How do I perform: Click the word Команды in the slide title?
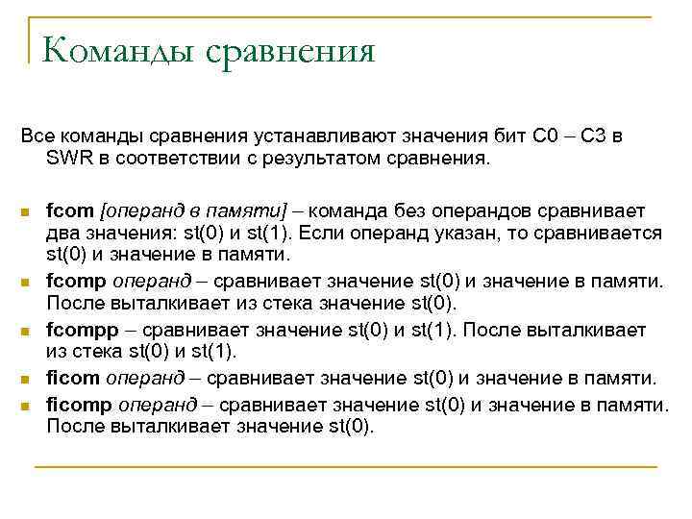point(114,50)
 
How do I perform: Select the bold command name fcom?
point(70,210)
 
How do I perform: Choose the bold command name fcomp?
point(75,282)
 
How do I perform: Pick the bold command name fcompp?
point(80,331)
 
